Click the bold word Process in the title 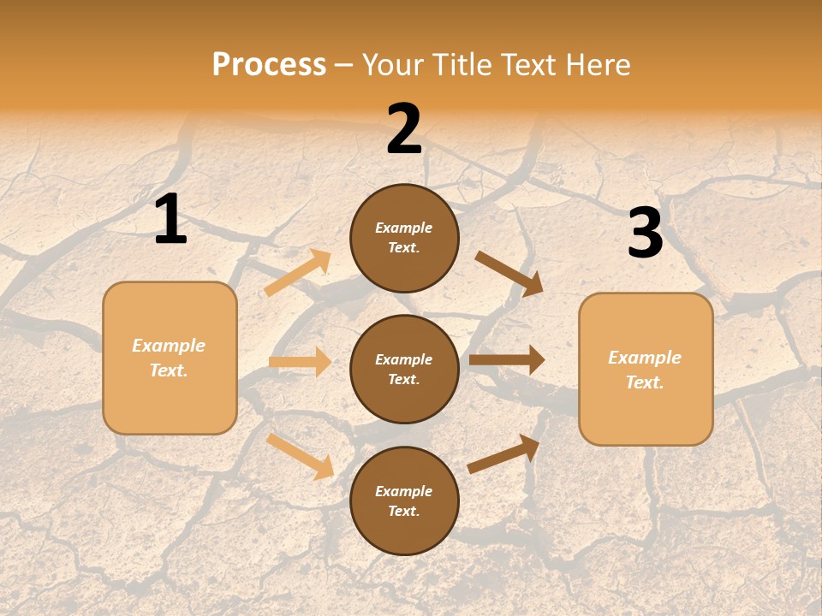coord(269,64)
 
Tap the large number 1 coord(170,219)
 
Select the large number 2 coord(404,129)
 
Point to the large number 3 coord(645,234)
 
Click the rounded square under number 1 coord(170,358)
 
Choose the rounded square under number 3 coord(646,369)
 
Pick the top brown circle coord(404,238)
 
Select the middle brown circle coord(404,369)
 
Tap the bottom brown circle coord(404,500)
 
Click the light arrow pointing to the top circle coord(298,273)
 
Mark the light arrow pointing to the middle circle coord(300,362)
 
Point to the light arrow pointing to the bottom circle coord(301,456)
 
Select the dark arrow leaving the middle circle coord(507,359)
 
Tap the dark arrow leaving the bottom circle coord(504,453)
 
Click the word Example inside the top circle coord(404,228)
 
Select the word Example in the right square coord(645,358)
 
